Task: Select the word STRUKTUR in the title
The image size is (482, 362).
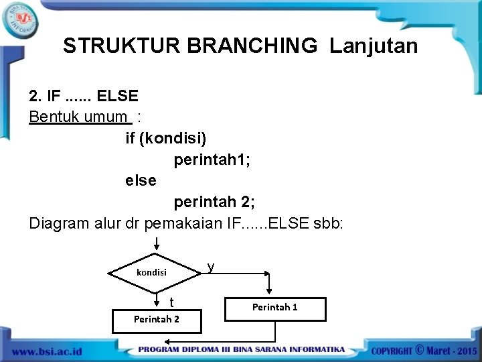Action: click(x=122, y=46)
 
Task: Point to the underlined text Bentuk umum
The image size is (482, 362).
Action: click(x=79, y=117)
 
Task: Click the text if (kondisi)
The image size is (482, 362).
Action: click(x=166, y=138)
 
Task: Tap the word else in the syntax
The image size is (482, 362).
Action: click(x=141, y=180)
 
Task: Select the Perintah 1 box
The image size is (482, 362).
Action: click(x=275, y=308)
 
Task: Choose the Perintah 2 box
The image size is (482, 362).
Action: click(x=157, y=319)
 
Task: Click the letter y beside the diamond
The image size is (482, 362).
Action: click(x=211, y=267)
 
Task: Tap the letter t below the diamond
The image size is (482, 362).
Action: click(x=171, y=302)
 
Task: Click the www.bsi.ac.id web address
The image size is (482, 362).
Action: click(x=47, y=351)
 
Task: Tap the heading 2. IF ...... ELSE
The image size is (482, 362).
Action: click(x=84, y=96)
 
